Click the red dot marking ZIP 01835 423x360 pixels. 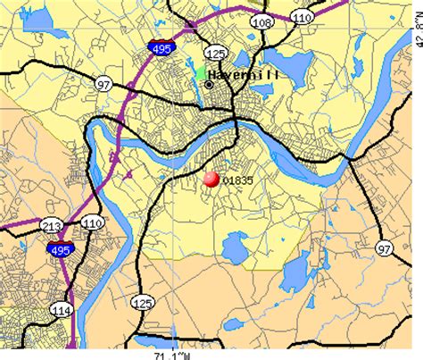pyautogui.click(x=211, y=180)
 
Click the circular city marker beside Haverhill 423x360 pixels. pyautogui.click(x=210, y=84)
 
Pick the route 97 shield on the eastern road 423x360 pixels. pyautogui.click(x=384, y=247)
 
